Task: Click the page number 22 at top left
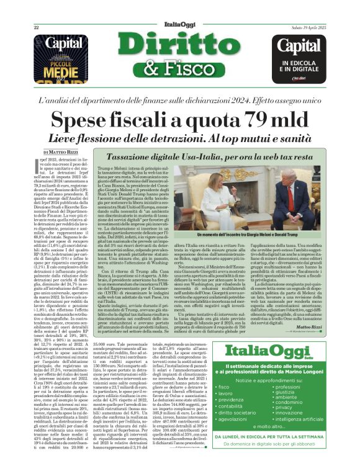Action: [x=36, y=27]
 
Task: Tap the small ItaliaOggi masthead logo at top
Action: [x=179, y=24]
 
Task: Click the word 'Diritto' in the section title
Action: [x=179, y=45]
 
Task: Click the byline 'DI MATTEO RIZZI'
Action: [x=61, y=151]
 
